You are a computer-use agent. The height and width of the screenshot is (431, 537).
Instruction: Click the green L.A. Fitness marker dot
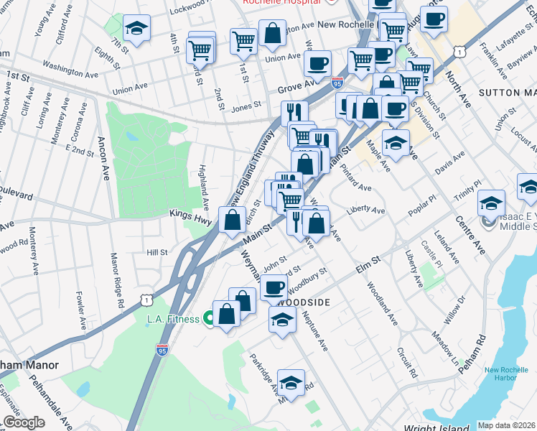(208, 318)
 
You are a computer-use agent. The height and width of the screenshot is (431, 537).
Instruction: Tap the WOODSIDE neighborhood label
(302, 302)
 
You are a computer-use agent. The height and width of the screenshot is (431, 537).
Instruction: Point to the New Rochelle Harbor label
(509, 374)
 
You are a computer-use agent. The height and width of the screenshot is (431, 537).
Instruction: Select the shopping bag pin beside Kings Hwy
(232, 221)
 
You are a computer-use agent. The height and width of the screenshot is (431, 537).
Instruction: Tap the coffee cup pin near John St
(272, 289)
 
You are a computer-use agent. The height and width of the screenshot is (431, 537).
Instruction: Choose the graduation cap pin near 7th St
(134, 29)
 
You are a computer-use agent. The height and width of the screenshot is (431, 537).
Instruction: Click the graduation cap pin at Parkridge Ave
(291, 383)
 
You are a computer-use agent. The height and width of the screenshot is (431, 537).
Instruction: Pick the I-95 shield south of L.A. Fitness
(162, 350)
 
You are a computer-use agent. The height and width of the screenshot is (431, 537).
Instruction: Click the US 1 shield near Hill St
(146, 297)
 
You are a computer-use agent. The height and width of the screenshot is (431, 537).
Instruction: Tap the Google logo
(24, 422)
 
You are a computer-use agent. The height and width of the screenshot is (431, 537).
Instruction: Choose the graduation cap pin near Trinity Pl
(491, 204)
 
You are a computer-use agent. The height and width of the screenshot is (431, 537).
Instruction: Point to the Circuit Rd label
(406, 363)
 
